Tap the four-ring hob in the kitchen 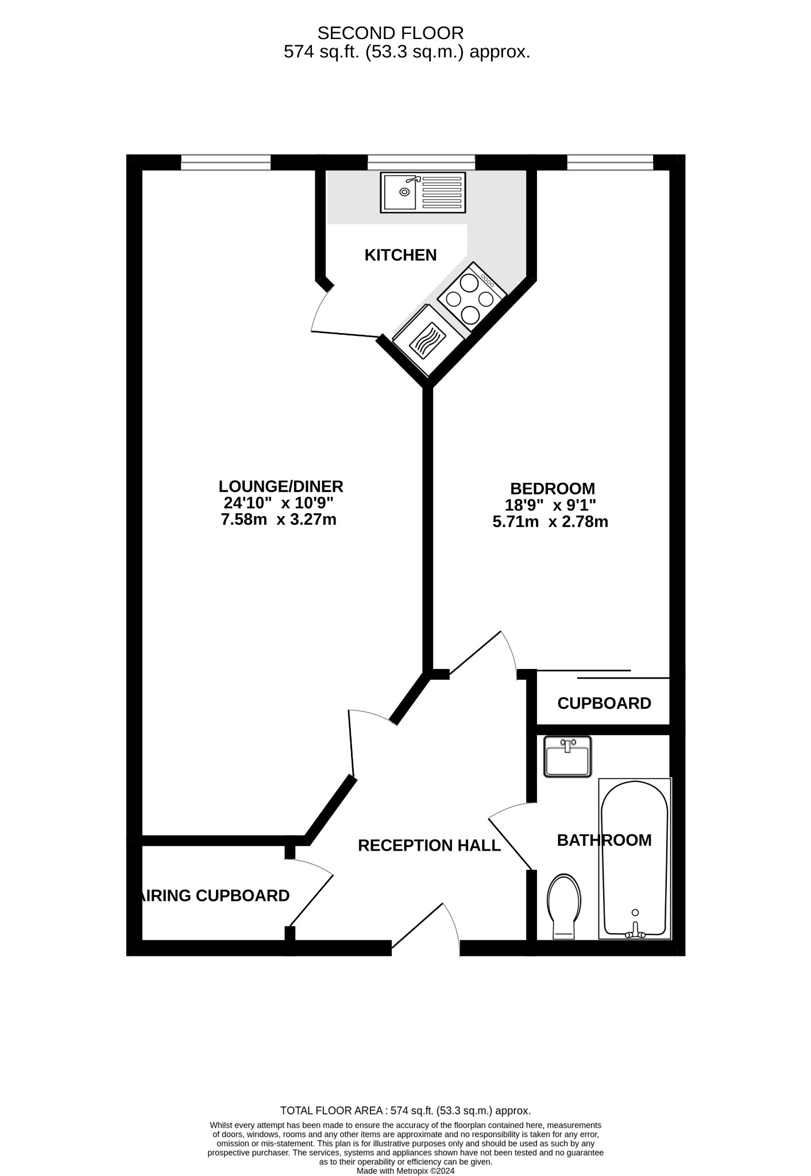pyautogui.click(x=470, y=297)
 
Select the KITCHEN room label pyautogui.click(x=400, y=255)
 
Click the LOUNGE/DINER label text pyautogui.click(x=280, y=486)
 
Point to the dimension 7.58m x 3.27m pyautogui.click(x=279, y=520)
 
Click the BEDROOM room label pyautogui.click(x=552, y=489)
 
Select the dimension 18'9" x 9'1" pyautogui.click(x=550, y=505)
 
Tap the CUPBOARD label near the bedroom pyautogui.click(x=604, y=703)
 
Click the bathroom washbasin pyautogui.click(x=567, y=757)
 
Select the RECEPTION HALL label pyautogui.click(x=429, y=845)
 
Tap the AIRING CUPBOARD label pyautogui.click(x=215, y=896)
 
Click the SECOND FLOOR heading pyautogui.click(x=390, y=33)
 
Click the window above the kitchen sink pyautogui.click(x=421, y=163)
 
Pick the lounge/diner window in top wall pyautogui.click(x=225, y=163)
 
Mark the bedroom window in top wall pyautogui.click(x=610, y=163)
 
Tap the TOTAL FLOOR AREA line pyautogui.click(x=405, y=1111)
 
